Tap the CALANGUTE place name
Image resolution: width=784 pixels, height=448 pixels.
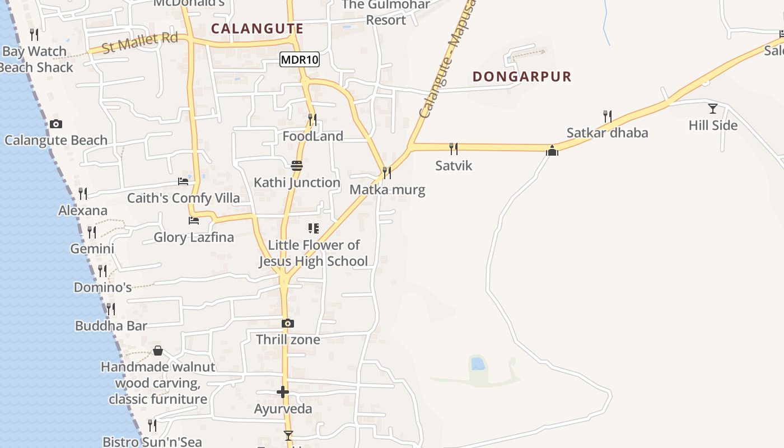tap(258, 29)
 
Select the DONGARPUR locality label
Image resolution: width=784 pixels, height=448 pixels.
tap(522, 77)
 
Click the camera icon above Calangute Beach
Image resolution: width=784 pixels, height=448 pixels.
tap(56, 124)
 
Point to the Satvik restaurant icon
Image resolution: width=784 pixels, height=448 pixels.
tap(454, 148)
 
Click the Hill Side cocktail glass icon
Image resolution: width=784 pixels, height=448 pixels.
tap(713, 108)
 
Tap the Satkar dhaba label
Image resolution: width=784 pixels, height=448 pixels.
tap(607, 133)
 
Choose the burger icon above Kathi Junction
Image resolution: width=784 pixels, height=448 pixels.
tap(297, 165)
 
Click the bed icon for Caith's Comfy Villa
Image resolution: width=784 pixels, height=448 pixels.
tap(183, 181)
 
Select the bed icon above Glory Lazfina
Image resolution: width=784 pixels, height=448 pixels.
tap(194, 220)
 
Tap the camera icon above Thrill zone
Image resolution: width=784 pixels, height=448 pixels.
tap(288, 323)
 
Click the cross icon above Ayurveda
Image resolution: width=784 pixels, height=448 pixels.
tap(283, 392)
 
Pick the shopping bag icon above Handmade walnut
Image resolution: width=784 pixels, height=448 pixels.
tap(158, 351)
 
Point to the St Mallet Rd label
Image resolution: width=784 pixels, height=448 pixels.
tap(140, 43)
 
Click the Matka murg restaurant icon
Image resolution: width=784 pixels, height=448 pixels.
tap(387, 172)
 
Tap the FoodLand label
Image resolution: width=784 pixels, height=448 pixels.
tap(312, 136)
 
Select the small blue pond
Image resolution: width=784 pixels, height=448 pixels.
tap(478, 363)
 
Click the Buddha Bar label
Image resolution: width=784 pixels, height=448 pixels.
tap(111, 326)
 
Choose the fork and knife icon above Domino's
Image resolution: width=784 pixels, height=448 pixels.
tap(102, 271)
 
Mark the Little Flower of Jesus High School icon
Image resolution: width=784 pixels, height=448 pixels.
tap(314, 228)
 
